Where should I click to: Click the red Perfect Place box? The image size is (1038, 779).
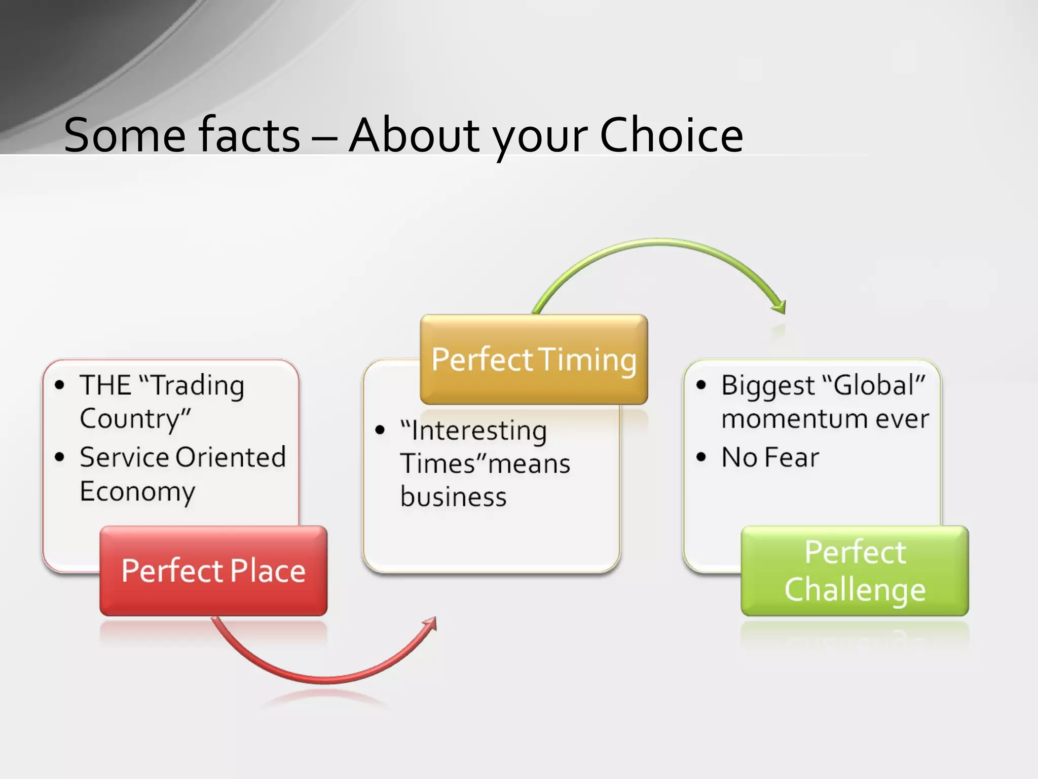(x=213, y=571)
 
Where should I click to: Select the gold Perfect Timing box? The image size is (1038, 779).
(x=534, y=359)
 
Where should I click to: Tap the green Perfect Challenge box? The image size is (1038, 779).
(x=855, y=571)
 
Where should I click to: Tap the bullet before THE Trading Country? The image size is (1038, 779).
(x=60, y=385)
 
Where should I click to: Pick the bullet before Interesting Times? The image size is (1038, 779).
(x=380, y=431)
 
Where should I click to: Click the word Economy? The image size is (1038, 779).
(x=137, y=491)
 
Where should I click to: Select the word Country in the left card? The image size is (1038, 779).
(x=135, y=419)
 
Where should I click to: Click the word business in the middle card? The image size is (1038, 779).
(x=453, y=497)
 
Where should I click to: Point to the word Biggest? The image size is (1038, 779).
(x=767, y=385)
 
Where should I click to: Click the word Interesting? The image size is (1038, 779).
(x=478, y=431)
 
